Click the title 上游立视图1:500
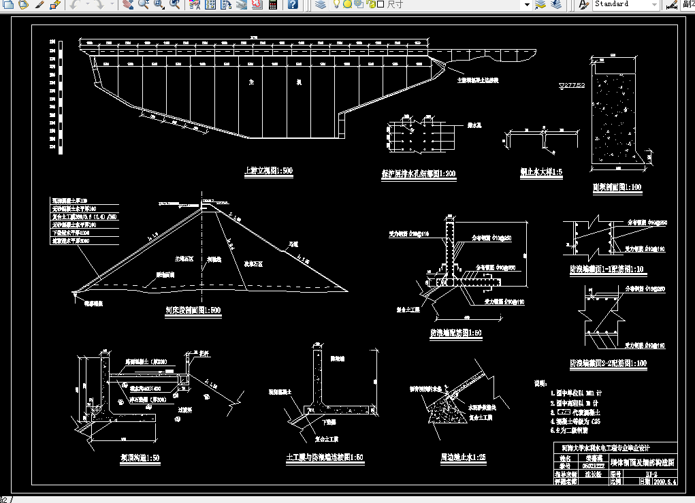point(268,172)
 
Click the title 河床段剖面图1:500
point(193,310)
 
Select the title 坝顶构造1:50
point(135,458)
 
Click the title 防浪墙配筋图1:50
point(455,333)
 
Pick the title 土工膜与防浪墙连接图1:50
point(325,458)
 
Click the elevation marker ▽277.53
point(572,85)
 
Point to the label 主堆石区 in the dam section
point(184,259)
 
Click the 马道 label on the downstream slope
point(293,243)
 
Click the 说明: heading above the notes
point(539,383)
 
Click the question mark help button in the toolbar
point(292,4)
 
